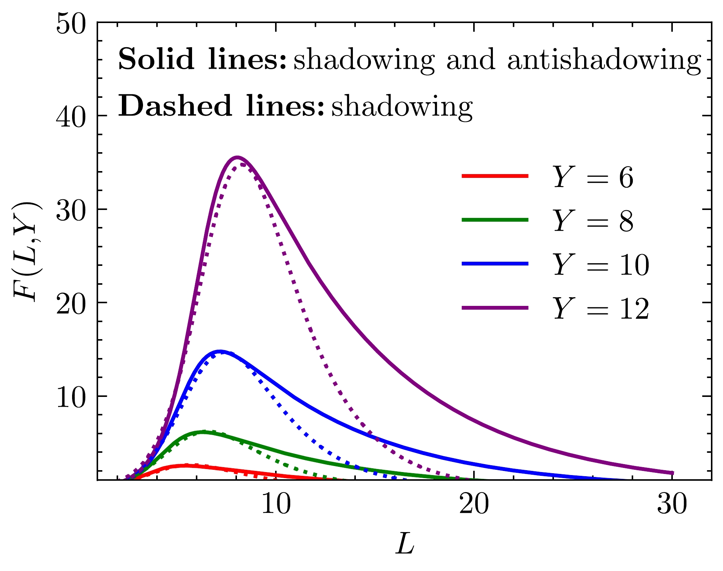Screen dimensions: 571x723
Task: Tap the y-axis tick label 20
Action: tap(71, 304)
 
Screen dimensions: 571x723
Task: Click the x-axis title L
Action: tap(405, 544)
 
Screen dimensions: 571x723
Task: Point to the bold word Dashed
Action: tap(175, 106)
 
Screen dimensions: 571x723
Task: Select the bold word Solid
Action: tap(156, 59)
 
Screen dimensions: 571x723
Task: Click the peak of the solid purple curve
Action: tap(237, 157)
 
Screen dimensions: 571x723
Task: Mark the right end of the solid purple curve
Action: tap(672, 473)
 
